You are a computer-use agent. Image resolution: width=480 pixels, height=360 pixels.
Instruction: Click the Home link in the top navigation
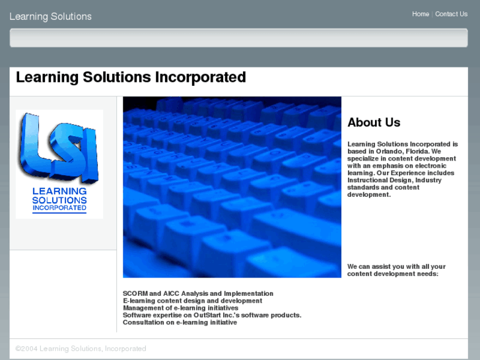point(420,14)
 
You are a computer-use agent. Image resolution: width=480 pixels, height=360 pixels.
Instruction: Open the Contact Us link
point(451,14)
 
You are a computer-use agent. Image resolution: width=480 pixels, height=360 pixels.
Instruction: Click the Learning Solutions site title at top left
point(50,17)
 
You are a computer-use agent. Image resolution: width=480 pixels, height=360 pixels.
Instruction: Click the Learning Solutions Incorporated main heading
point(131,77)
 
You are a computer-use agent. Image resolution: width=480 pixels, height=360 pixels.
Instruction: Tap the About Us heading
point(374,122)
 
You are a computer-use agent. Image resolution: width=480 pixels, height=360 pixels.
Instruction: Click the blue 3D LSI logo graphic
point(58,149)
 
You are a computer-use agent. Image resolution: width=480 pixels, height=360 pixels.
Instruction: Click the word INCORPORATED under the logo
point(59,209)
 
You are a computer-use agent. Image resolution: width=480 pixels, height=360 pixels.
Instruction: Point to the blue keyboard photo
point(232,187)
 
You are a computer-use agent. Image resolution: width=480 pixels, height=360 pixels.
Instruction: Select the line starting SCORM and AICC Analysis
point(197,293)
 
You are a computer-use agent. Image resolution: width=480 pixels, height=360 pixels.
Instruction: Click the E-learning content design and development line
point(192,301)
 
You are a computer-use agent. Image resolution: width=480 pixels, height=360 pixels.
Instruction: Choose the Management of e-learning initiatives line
point(180,308)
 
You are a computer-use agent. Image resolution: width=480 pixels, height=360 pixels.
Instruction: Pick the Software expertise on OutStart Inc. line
point(212,315)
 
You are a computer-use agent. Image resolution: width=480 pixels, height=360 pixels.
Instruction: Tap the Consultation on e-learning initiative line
point(180,322)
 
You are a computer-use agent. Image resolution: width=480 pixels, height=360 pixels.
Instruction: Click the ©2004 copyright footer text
point(81,348)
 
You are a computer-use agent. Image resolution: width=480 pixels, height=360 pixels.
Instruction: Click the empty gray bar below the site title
point(238,38)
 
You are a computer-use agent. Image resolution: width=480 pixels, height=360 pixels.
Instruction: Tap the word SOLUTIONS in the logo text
point(59,200)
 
